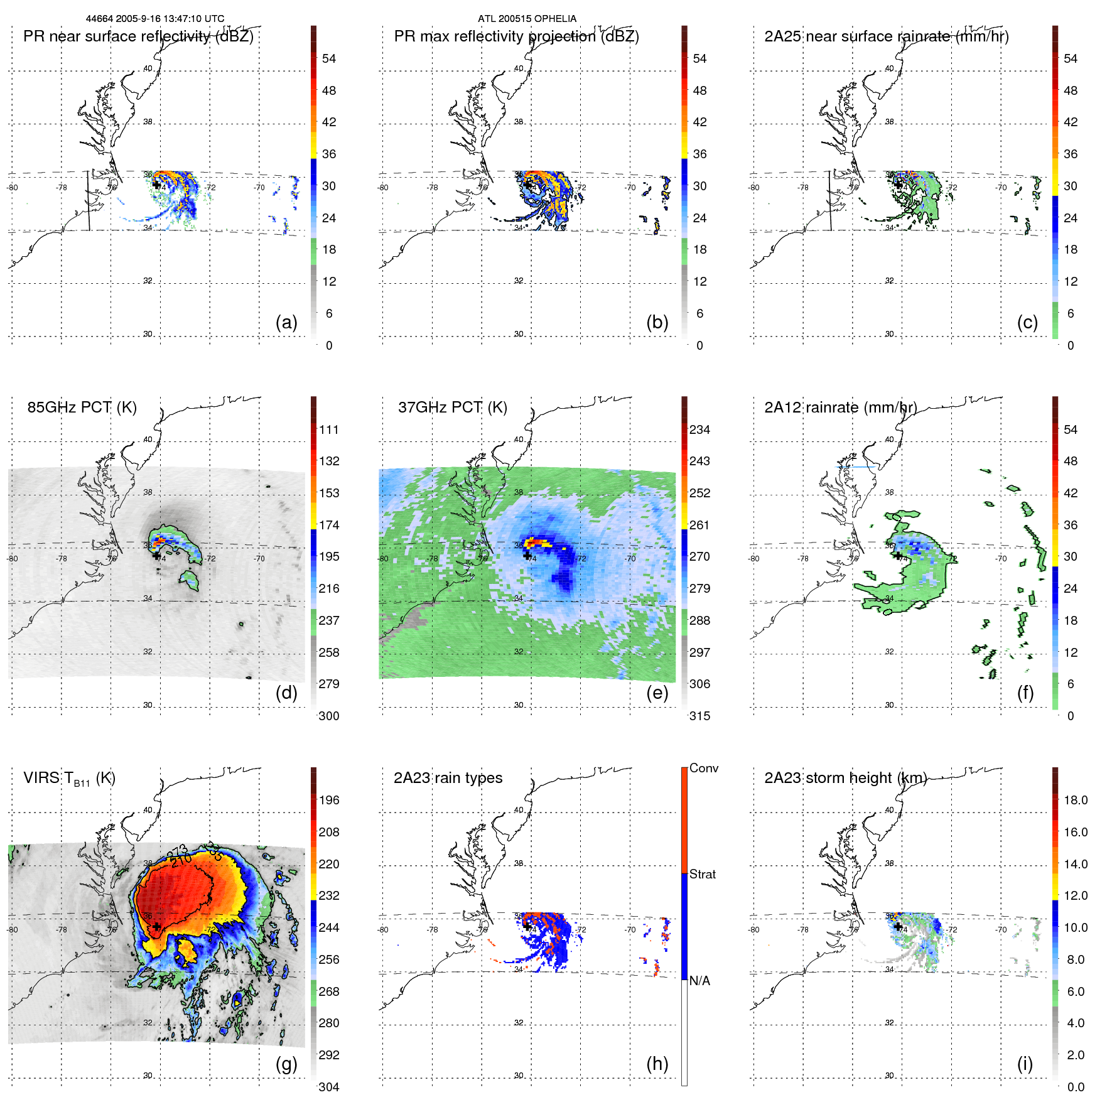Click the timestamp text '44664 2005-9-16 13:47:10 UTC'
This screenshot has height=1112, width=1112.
(x=155, y=19)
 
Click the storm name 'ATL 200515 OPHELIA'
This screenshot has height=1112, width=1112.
(x=527, y=19)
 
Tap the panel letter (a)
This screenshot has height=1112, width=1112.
(x=286, y=323)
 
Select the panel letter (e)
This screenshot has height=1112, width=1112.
(x=657, y=693)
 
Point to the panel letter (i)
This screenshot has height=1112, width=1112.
(x=1025, y=1064)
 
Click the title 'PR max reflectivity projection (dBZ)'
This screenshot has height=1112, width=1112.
(x=516, y=36)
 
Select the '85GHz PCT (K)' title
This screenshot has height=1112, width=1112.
(x=82, y=408)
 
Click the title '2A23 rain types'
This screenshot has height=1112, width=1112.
(x=448, y=778)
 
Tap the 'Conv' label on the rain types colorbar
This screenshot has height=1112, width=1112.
(x=703, y=769)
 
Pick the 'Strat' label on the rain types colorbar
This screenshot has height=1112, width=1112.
(x=702, y=875)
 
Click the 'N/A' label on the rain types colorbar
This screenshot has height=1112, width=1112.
(x=699, y=981)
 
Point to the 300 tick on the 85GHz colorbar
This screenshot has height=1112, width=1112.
(x=328, y=716)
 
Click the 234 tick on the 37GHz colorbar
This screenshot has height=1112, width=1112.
(x=699, y=430)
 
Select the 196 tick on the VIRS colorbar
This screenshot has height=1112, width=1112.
(x=328, y=801)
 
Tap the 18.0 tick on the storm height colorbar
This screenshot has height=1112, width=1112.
(x=1075, y=801)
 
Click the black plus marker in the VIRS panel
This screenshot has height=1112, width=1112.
(x=156, y=927)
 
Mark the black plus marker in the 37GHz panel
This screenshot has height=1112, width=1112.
(x=526, y=555)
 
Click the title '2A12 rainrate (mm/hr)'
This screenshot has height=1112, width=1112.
(x=840, y=408)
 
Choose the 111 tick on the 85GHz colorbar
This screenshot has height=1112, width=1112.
(x=328, y=430)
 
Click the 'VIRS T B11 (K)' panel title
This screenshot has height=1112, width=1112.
(x=69, y=779)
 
